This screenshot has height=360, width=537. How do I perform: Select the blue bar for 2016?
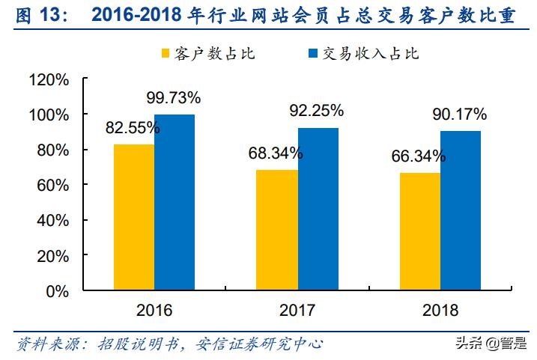coord(175,202)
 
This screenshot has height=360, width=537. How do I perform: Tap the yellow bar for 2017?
coord(276,230)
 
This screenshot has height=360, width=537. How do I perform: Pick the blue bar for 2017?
coord(318,209)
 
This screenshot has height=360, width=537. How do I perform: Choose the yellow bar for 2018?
coord(419,231)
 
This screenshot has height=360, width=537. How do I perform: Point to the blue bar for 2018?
coord(461,210)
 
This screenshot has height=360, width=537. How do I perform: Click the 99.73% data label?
coord(173,97)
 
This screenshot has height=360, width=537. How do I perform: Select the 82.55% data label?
coord(133,127)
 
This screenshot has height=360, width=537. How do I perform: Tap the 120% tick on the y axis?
coord(50,79)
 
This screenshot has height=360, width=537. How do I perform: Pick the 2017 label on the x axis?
coord(297,310)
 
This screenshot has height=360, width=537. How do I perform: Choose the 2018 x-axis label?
coord(440,310)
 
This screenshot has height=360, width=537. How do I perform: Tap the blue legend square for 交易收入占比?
coord(312,54)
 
